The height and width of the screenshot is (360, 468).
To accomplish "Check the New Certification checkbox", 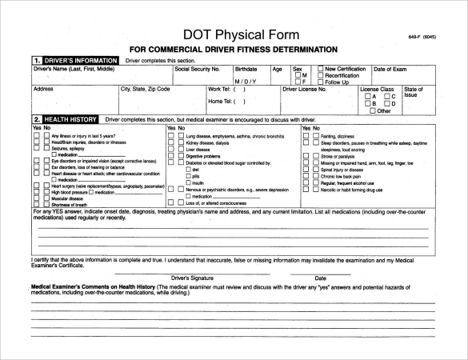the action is click(x=320, y=70).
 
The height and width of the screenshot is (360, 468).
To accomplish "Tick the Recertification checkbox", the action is click(x=320, y=76).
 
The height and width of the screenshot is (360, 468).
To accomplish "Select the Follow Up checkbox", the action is click(x=320, y=82).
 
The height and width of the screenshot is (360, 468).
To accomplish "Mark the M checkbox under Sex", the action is click(x=298, y=76).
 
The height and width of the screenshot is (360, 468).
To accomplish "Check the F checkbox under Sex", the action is click(x=298, y=82).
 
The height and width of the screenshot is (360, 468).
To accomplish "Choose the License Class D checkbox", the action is click(x=389, y=103).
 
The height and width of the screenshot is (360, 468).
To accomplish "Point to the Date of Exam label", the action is click(x=391, y=70).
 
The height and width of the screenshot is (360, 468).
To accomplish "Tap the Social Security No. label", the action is click(x=197, y=70).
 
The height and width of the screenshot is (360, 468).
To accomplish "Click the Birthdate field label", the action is click(x=246, y=70).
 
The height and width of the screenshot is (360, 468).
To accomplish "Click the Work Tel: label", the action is click(x=218, y=90).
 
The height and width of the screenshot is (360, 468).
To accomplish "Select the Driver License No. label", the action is click(x=305, y=90).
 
